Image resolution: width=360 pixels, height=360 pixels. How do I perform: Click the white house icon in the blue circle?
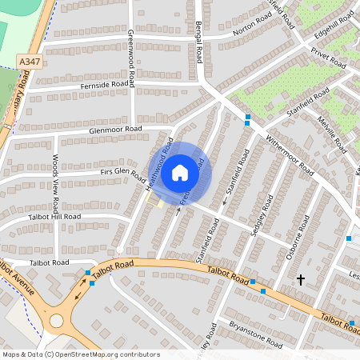(180, 171)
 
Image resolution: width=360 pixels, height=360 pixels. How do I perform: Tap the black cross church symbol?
(301, 279)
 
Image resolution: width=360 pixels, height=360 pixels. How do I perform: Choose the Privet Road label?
(329, 57)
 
